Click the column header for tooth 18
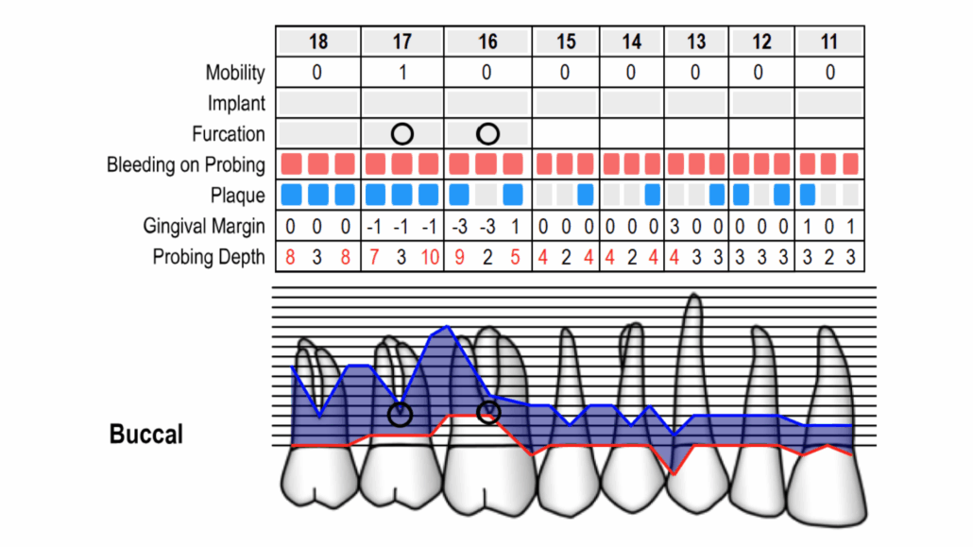[x=318, y=42]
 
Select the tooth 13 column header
[x=695, y=42]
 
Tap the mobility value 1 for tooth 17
[x=402, y=73]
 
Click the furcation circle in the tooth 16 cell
[x=487, y=133]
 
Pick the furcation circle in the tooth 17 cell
[x=402, y=133]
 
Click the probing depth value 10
[x=430, y=257]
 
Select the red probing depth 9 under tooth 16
[x=459, y=257]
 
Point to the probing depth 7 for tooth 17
[x=374, y=257]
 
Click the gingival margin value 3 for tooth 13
[x=674, y=227]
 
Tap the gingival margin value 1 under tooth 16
[x=515, y=227]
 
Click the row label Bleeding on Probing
[x=185, y=165]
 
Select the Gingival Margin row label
[x=203, y=227]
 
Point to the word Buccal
[x=145, y=434]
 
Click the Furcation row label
[x=229, y=134]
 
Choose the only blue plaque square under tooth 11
[x=808, y=195]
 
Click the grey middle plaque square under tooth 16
[x=486, y=195]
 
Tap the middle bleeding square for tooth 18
[x=318, y=164]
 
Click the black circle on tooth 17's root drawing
[x=400, y=414]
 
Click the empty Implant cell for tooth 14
[x=632, y=103]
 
